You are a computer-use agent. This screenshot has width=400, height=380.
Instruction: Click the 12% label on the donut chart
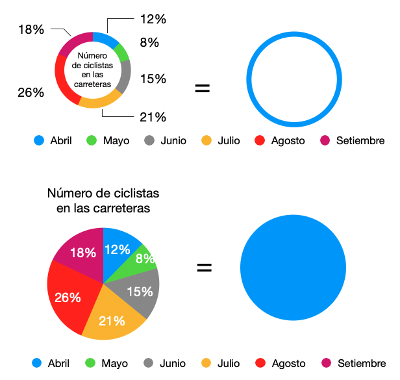click(x=153, y=19)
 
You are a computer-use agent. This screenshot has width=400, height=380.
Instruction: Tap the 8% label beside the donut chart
click(x=149, y=44)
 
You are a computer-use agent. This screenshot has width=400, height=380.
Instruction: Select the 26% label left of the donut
click(x=31, y=92)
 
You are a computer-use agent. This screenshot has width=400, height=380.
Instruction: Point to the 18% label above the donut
click(x=31, y=29)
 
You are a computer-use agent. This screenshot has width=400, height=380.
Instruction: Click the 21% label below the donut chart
click(x=153, y=117)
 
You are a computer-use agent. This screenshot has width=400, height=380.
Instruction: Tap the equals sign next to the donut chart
click(x=203, y=88)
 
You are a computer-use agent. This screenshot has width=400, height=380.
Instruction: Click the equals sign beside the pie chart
click(x=204, y=267)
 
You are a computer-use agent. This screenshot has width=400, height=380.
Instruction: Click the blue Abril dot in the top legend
click(x=39, y=140)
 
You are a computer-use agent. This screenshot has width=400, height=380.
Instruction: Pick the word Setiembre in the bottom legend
click(x=360, y=363)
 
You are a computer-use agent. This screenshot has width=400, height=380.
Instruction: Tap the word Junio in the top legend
click(x=173, y=140)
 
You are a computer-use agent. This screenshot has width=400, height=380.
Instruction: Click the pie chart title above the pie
click(x=103, y=201)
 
